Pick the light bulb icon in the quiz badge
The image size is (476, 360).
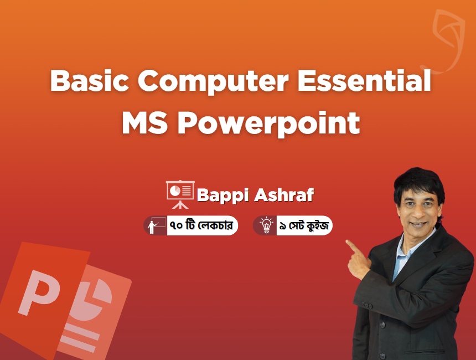[267, 225]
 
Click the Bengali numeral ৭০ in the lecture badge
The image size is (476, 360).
[177, 226]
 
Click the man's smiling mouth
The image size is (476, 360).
[418, 225]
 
